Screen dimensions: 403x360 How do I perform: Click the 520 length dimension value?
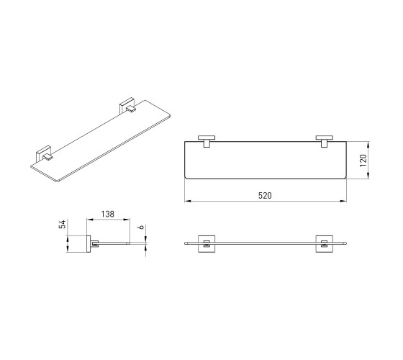pos(265,196)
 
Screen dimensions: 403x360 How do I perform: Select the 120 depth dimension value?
pos(363,160)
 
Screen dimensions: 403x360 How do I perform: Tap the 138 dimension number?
pos(107,214)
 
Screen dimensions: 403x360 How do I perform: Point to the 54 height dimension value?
pos(63,224)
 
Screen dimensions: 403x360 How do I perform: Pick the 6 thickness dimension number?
pos(140,228)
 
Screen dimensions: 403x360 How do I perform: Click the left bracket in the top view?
pos(207,141)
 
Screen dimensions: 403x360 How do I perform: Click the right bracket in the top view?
pos(325,141)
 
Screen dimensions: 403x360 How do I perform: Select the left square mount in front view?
pos(207,244)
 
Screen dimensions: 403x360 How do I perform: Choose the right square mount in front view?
pos(325,244)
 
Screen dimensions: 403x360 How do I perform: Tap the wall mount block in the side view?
pos(88,244)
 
